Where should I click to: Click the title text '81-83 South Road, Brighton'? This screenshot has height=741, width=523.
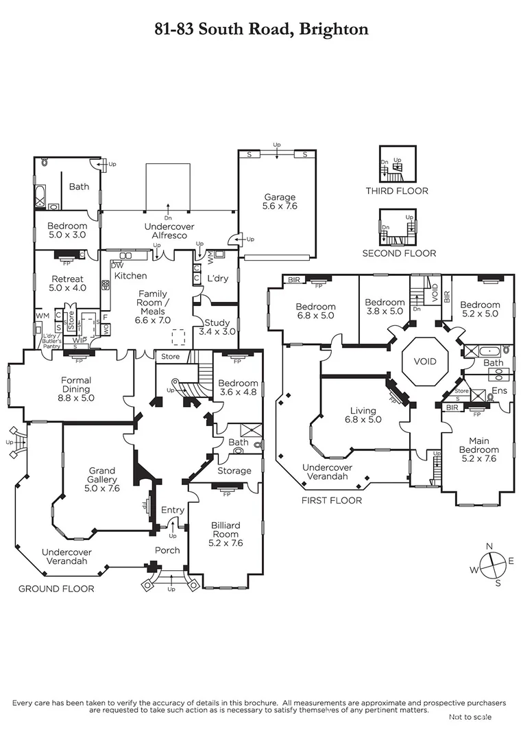(261, 29)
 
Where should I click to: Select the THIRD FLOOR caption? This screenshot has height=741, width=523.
(397, 191)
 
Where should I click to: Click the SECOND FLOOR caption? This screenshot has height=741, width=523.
(399, 253)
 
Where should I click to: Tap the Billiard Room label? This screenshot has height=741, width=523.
(225, 534)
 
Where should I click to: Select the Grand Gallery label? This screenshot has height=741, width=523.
(103, 480)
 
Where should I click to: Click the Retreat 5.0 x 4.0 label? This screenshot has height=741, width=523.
(67, 283)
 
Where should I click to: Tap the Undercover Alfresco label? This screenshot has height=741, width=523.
(169, 231)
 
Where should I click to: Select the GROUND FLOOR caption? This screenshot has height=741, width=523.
(56, 589)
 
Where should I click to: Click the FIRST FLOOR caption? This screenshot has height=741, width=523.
(332, 501)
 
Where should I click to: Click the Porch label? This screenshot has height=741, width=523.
(167, 550)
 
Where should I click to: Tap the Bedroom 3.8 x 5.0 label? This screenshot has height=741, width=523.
(385, 307)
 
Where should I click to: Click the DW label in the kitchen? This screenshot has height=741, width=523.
(117, 266)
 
